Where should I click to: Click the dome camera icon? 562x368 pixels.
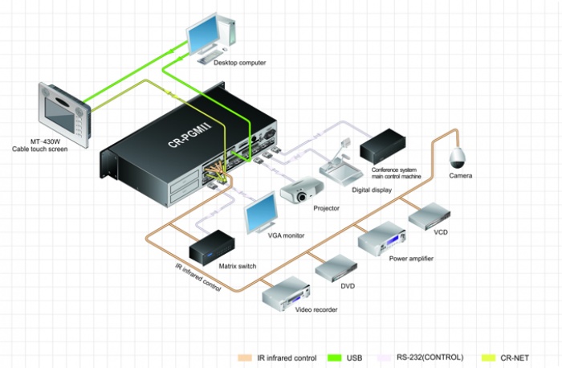(458, 157)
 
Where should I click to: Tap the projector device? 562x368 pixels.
(302, 190)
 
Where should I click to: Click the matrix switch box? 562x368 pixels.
(212, 247)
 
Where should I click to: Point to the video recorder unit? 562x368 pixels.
(286, 294)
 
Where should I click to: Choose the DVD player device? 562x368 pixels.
(336, 268)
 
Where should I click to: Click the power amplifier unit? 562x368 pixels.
(381, 239)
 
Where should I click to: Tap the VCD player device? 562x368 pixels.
(429, 216)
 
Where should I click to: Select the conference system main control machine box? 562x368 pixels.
(382, 146)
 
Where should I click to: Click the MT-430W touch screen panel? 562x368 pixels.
(64, 114)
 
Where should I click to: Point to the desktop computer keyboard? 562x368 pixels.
(210, 57)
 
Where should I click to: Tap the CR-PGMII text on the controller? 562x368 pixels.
(189, 134)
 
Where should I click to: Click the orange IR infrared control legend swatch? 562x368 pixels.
(245, 358)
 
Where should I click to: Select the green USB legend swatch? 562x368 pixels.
(335, 358)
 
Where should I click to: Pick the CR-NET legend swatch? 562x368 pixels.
(488, 358)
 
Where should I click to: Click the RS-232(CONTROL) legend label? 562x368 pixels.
(430, 358)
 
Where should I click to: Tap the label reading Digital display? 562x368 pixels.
(372, 190)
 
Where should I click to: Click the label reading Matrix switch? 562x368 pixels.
(238, 266)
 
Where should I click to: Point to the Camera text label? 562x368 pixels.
(461, 176)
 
